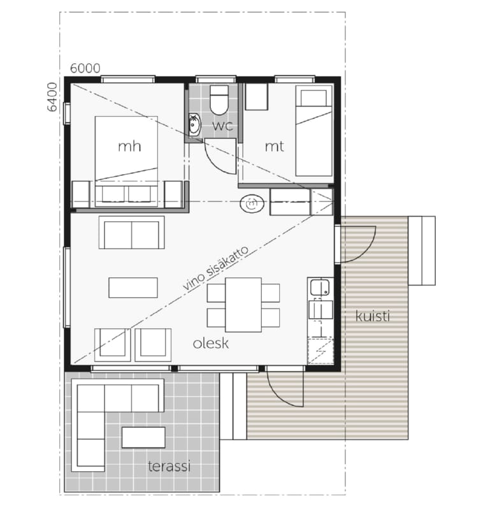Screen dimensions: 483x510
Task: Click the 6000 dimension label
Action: click(85, 68)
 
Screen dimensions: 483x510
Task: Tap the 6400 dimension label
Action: click(52, 97)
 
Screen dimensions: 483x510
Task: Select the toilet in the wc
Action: click(219, 100)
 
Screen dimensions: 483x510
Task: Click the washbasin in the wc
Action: click(194, 124)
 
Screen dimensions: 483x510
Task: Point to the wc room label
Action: click(222, 126)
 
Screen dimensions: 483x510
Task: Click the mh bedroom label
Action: click(129, 147)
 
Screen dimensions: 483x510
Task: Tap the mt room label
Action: click(275, 147)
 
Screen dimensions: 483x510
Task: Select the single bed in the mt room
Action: click(314, 131)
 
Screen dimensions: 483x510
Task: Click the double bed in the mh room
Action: click(126, 161)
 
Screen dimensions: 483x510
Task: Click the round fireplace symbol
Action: click(251, 204)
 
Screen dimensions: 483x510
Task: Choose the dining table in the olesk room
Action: click(243, 305)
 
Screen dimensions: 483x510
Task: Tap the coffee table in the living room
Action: click(133, 288)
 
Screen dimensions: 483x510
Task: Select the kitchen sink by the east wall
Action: click(320, 288)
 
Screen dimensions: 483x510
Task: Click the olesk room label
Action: click(211, 344)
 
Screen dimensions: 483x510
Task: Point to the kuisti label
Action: click(373, 316)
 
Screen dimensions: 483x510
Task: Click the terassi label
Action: click(169, 466)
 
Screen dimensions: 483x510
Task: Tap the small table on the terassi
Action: click(143, 437)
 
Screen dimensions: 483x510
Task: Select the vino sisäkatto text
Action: click(216, 268)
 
